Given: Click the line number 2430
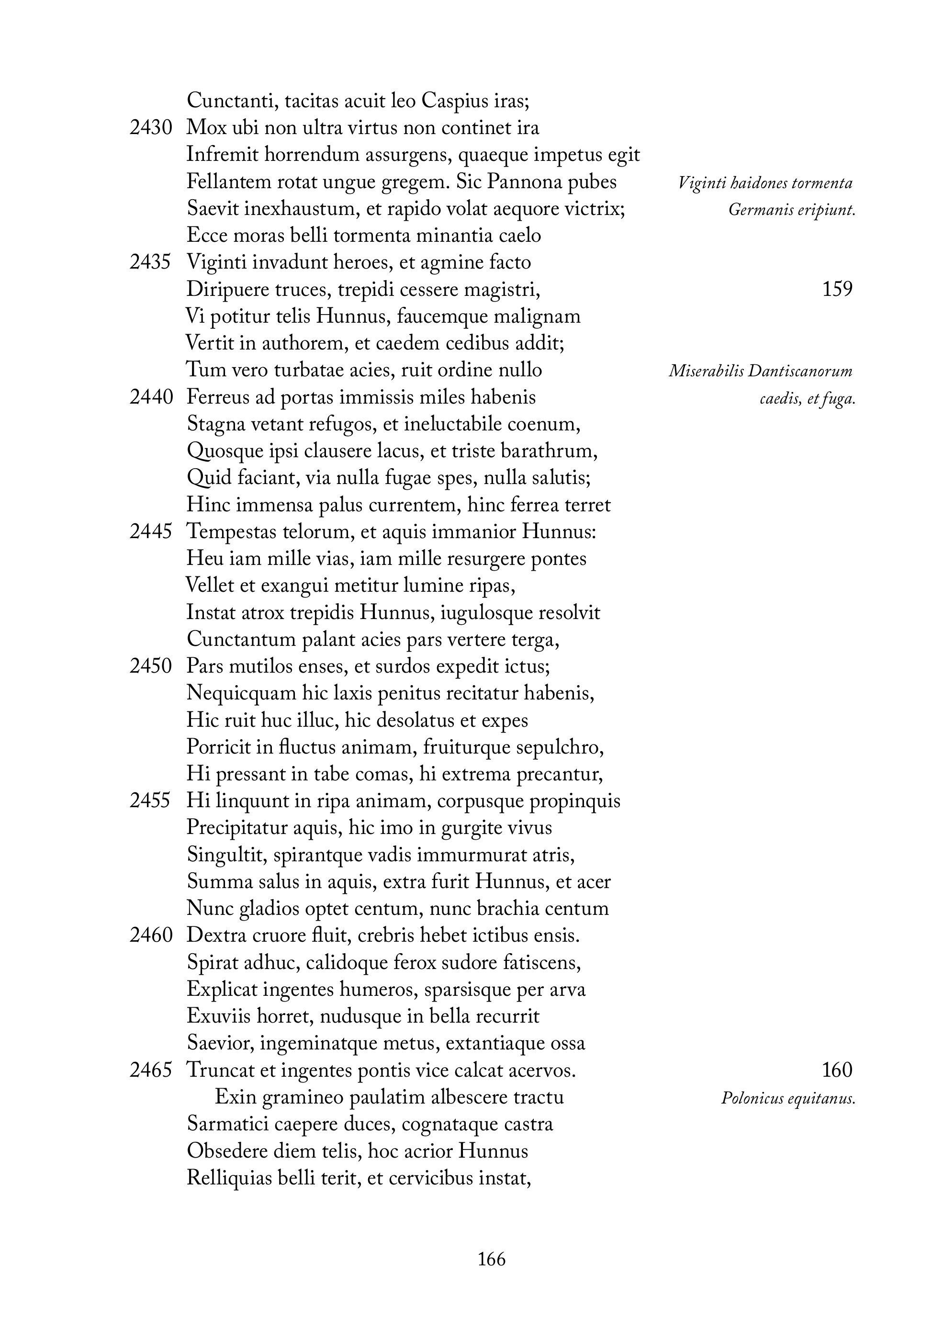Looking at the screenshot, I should (150, 128).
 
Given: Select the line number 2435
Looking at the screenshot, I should (150, 262).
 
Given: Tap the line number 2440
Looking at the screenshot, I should (150, 397).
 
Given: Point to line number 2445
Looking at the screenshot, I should (150, 531).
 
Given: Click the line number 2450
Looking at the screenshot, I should (150, 666).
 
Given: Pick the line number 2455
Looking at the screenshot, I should (150, 800).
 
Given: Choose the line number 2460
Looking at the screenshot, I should (150, 935).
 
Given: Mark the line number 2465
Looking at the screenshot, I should (150, 1070).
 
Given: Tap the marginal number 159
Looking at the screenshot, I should (837, 289).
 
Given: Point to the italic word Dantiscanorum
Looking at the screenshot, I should (800, 371).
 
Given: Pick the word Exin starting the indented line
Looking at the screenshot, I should (232, 1097).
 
